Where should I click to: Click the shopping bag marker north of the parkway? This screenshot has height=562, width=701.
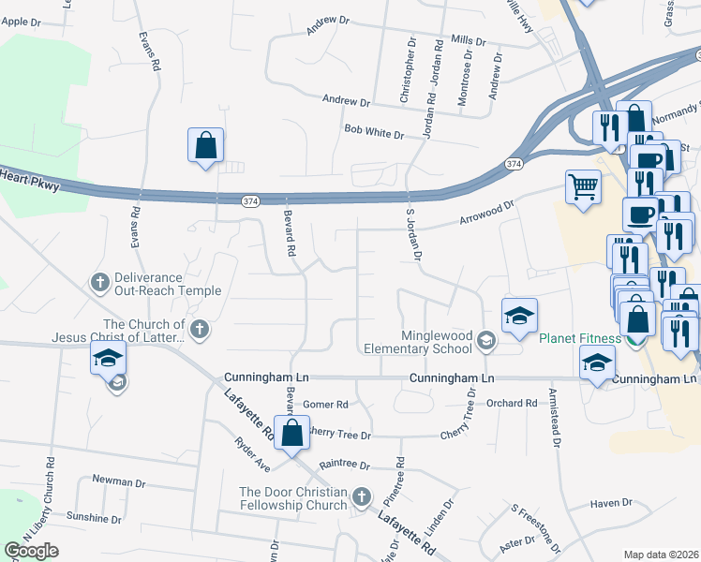tap(205, 146)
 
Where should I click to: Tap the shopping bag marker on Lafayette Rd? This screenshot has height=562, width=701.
tap(291, 433)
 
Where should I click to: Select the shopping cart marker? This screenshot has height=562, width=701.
tap(583, 186)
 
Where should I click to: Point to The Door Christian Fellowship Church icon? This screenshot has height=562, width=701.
tap(362, 495)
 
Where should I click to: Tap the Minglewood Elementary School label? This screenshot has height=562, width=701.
tap(436, 342)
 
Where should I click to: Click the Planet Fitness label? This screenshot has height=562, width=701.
tap(579, 338)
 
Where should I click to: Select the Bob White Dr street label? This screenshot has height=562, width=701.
tap(373, 132)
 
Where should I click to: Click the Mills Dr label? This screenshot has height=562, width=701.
tap(468, 41)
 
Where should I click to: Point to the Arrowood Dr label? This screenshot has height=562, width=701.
tap(486, 214)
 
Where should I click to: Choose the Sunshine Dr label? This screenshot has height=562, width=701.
tap(94, 517)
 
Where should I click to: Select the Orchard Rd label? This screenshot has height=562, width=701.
tap(512, 404)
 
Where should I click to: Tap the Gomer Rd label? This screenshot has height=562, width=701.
tap(325, 405)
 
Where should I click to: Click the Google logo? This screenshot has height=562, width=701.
tap(31, 551)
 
